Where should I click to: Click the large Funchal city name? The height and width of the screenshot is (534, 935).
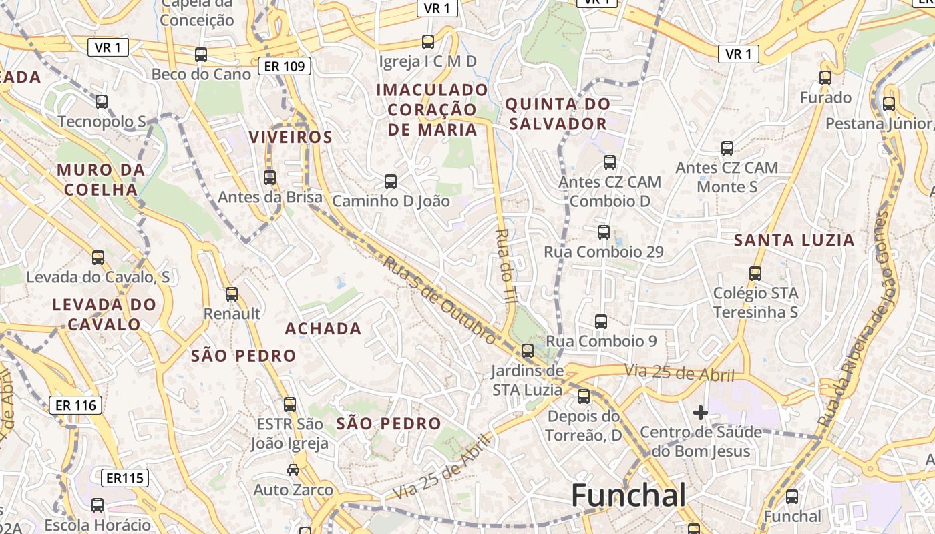click(x=628, y=495)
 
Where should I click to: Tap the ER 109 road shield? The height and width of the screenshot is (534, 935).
click(x=285, y=66)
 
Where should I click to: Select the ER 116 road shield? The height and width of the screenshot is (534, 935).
click(x=76, y=405)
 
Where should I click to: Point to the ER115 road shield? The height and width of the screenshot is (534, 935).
click(x=124, y=478)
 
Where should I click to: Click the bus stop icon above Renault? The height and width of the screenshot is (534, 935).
click(x=232, y=294)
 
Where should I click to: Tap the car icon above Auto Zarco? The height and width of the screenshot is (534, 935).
click(x=293, y=470)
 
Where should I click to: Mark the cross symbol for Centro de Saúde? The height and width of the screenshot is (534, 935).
click(x=700, y=413)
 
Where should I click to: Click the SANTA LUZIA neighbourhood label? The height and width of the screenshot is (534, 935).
click(x=794, y=240)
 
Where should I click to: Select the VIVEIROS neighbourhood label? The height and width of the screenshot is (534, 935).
click(x=291, y=138)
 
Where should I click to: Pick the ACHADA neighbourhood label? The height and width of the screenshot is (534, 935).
click(x=323, y=329)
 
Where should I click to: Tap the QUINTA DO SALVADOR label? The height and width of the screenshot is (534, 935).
click(x=557, y=114)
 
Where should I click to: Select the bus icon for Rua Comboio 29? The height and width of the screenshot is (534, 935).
click(x=604, y=232)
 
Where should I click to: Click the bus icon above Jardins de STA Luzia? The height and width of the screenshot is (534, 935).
click(x=528, y=350)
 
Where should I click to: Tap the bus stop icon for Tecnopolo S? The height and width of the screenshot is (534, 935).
click(x=102, y=102)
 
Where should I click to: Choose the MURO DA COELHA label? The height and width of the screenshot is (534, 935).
click(x=101, y=180)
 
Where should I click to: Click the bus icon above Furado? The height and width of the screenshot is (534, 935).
click(x=825, y=78)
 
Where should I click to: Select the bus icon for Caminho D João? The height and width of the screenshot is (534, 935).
click(x=391, y=181)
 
